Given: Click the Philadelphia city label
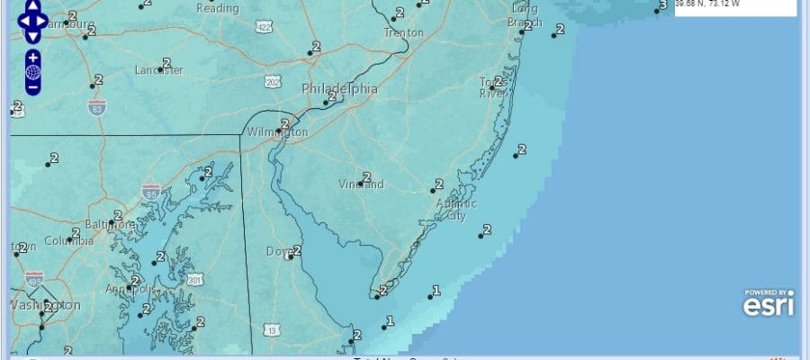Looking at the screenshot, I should click(339, 89).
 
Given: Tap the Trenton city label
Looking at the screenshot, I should click(403, 33).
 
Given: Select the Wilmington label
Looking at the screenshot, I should click(278, 132).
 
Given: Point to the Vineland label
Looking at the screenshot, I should click(361, 185).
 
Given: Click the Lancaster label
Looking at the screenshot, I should click(158, 70).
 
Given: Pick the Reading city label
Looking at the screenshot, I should click(218, 9).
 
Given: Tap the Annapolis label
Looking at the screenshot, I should click(130, 290).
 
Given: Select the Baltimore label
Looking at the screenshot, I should click(110, 224).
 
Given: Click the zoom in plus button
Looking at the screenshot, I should click(32, 57).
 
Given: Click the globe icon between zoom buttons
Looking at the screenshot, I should click(32, 72).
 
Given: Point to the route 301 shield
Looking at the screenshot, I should click(194, 279).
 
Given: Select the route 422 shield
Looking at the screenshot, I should click(264, 28).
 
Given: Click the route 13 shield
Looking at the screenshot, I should click(271, 330).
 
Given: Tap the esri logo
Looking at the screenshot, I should click(768, 304).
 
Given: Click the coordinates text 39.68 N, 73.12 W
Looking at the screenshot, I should click(706, 4).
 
